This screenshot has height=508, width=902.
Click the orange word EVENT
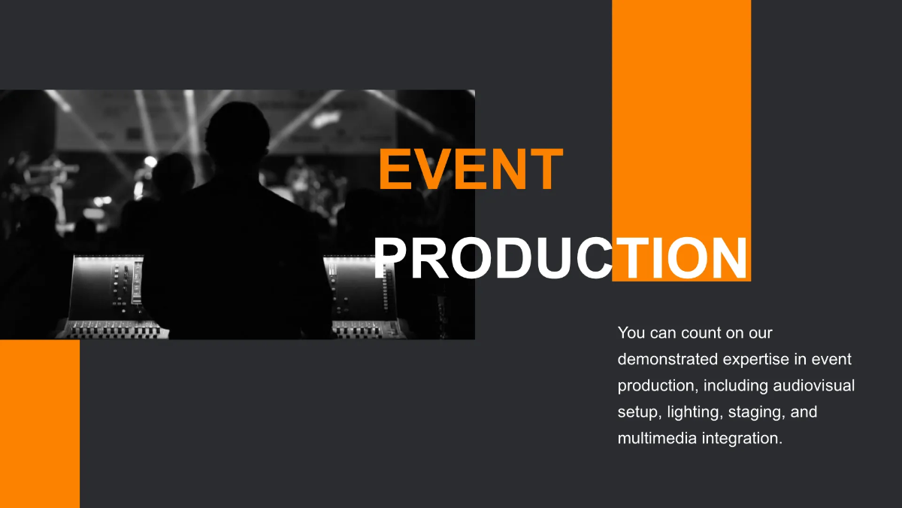click(471, 169)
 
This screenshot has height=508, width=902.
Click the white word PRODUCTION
click(561, 257)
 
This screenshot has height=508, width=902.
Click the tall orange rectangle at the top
click(681, 113)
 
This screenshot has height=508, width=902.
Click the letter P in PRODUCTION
click(391, 257)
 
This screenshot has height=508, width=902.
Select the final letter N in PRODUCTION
click(728, 257)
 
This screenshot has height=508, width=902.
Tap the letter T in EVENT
click(544, 169)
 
